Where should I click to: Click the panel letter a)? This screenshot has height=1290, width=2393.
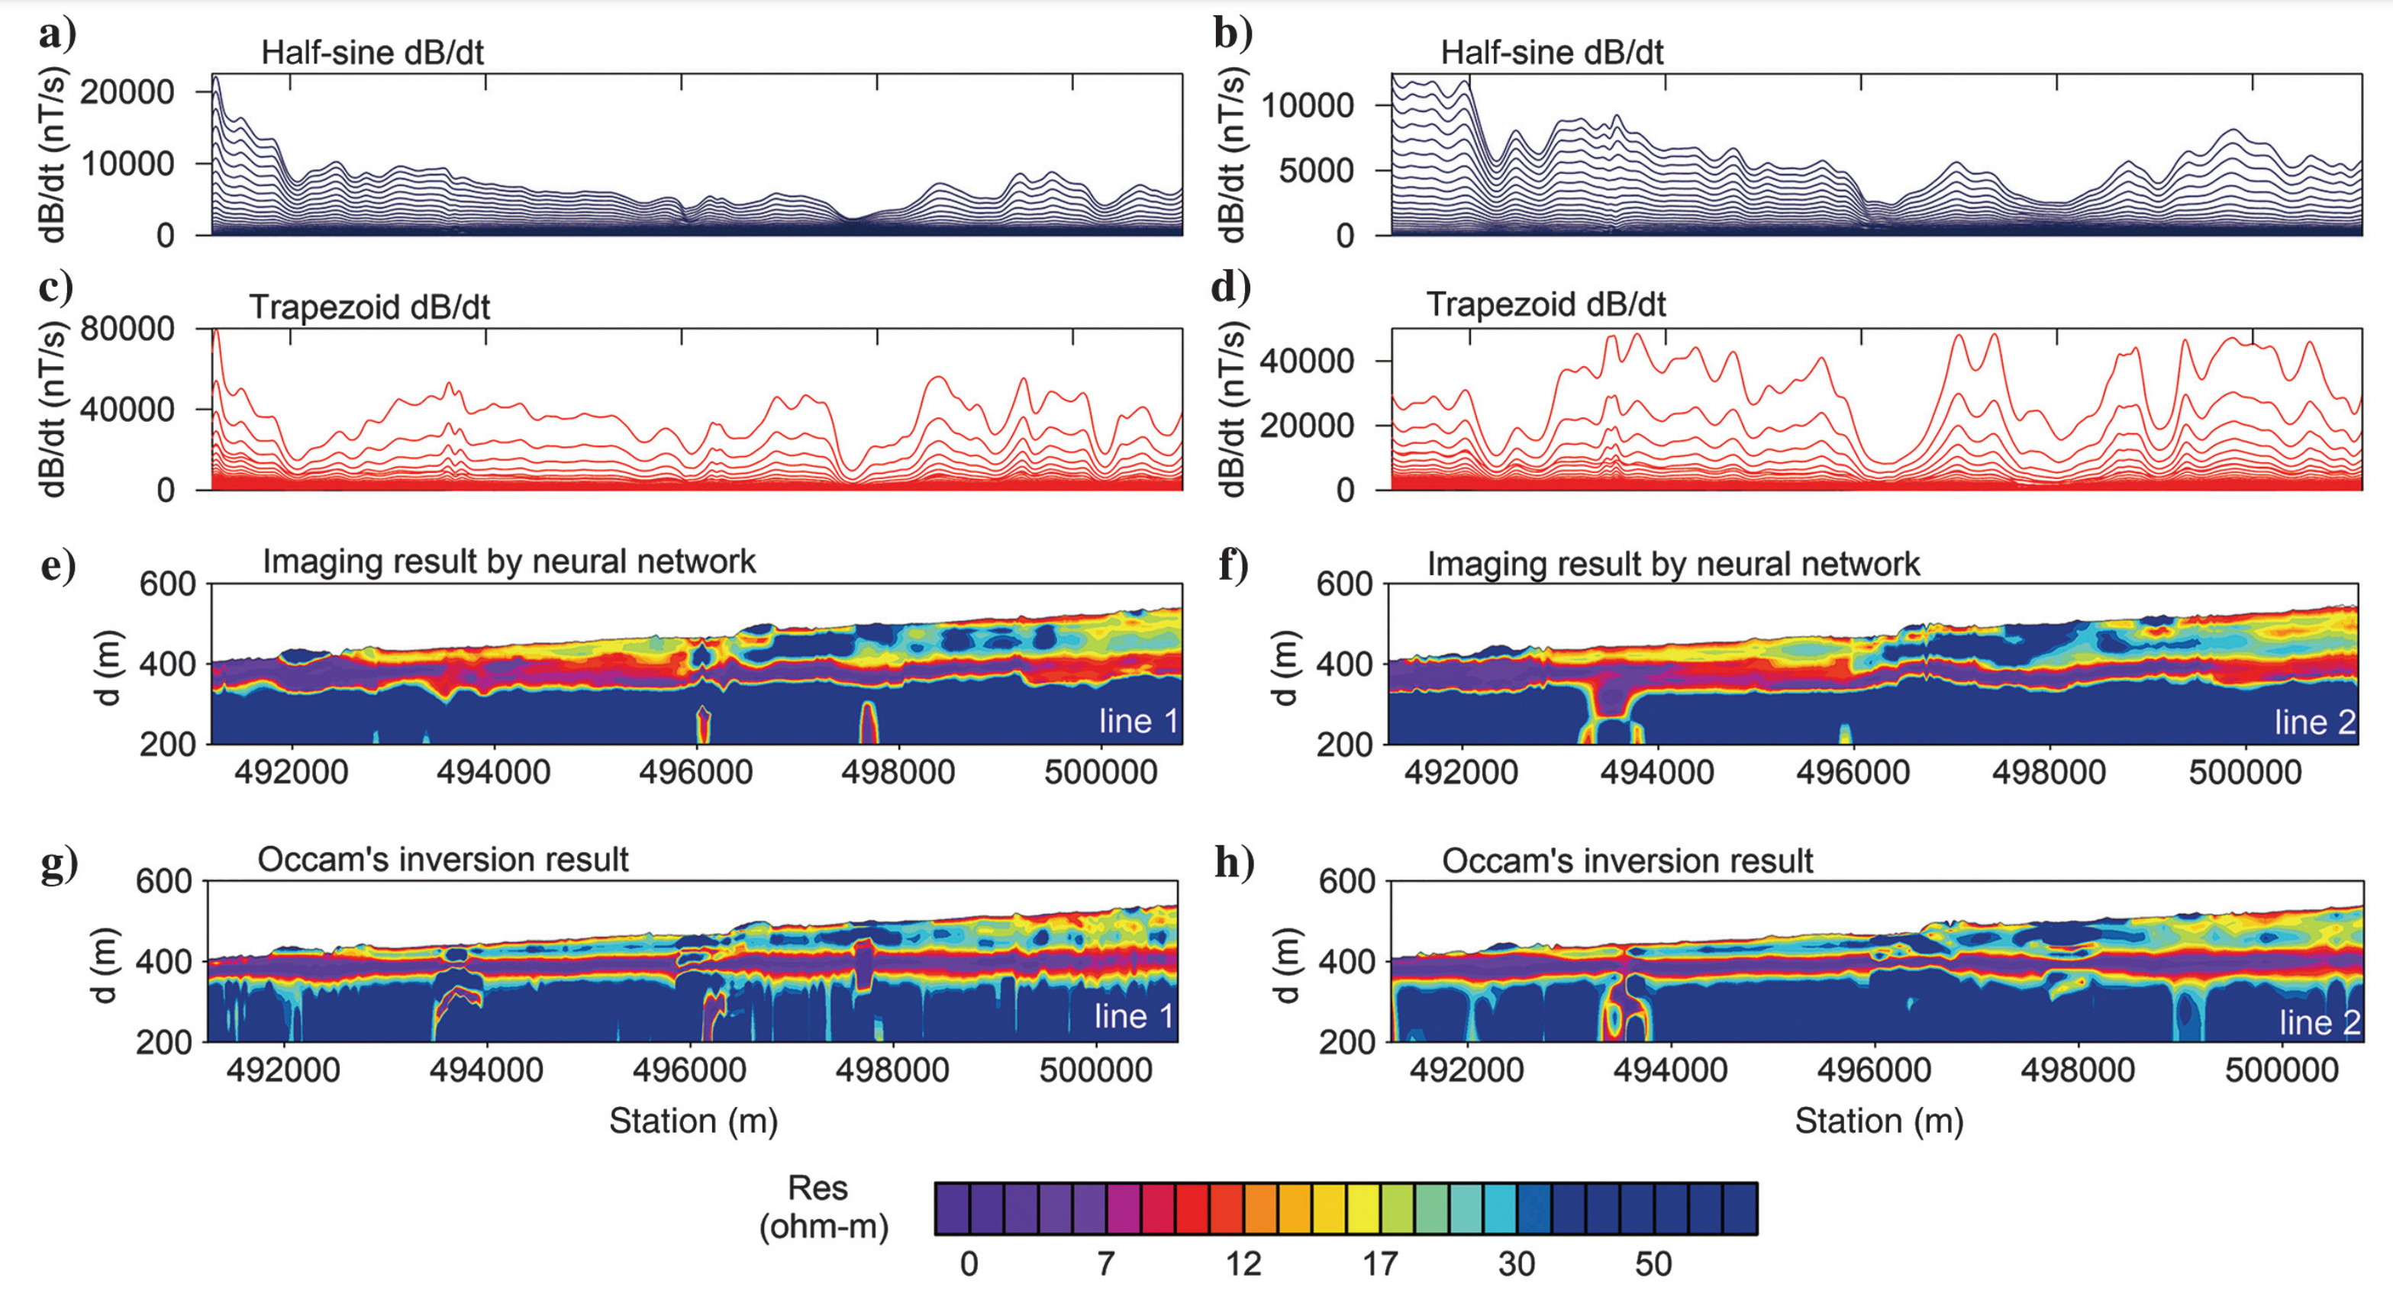[57, 35]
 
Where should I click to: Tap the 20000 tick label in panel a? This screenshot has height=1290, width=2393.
[127, 92]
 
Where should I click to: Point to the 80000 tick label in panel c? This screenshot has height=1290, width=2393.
[127, 329]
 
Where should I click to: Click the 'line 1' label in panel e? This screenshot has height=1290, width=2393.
[1138, 722]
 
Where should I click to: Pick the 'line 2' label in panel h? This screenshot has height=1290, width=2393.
[2320, 1022]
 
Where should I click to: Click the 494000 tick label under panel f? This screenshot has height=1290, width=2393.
[1656, 773]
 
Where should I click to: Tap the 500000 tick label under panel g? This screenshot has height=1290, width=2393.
[1095, 1070]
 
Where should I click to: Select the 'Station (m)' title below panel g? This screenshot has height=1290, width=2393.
[693, 1121]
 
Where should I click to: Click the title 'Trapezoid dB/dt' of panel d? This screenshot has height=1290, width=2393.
[1546, 304]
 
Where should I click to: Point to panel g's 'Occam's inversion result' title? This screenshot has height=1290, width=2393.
[443, 860]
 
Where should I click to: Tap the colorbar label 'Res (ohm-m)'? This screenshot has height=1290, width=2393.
[822, 1208]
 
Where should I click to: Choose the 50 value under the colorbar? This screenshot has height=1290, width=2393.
[1653, 1264]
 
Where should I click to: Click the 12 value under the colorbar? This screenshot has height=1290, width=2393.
[1243, 1264]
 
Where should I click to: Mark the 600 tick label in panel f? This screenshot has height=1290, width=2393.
[1344, 584]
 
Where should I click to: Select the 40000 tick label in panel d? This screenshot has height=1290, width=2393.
[1306, 362]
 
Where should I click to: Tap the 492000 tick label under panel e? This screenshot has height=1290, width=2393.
[291, 773]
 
